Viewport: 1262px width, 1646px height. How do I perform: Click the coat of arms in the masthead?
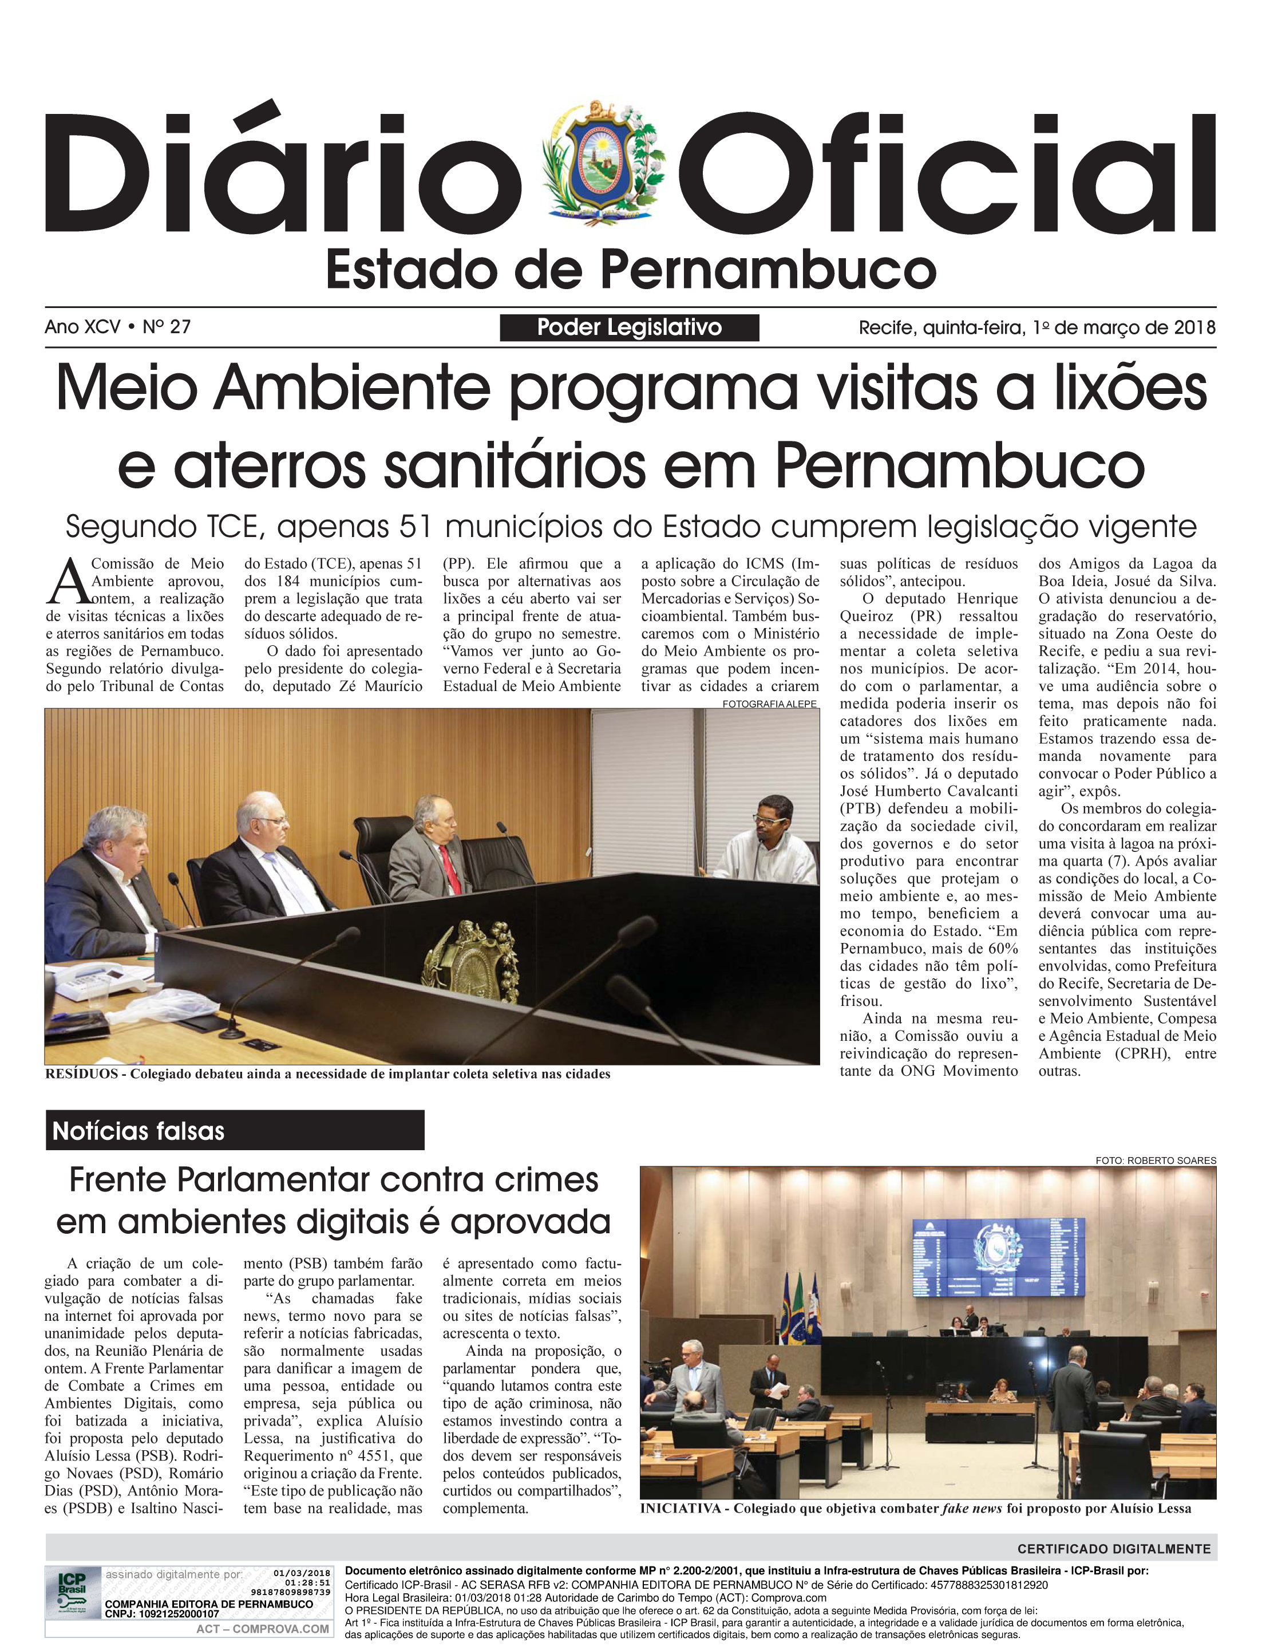pos(603,160)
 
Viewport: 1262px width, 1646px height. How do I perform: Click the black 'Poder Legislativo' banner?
pos(629,327)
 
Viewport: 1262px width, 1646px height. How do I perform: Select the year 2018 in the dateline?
pos(1194,327)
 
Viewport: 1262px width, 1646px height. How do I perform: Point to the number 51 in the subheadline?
pos(414,527)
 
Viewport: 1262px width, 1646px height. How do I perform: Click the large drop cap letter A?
pos(67,582)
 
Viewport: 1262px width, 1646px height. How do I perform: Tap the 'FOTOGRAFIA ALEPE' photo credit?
pos(769,704)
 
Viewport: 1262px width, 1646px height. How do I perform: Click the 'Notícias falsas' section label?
pos(139,1131)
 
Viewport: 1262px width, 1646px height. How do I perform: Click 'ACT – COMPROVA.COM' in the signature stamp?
pos(262,1629)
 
